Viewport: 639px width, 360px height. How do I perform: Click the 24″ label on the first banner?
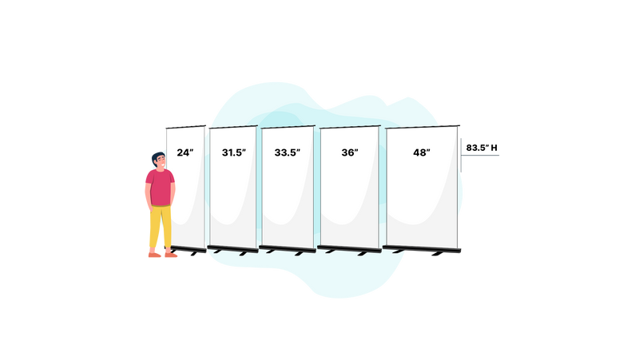point(185,152)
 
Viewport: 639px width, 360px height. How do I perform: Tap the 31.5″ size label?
point(233,152)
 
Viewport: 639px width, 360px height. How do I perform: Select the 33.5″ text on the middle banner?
point(287,152)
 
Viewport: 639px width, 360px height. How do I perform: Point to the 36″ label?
point(348,152)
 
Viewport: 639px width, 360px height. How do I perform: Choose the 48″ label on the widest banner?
point(422,152)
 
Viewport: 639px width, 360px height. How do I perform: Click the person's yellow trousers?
point(159,227)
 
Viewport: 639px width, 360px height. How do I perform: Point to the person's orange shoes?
point(162,255)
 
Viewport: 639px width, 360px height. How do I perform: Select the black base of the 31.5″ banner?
point(232,249)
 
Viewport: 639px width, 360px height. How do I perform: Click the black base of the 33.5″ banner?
point(287,249)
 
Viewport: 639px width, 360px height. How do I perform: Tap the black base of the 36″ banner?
point(349,249)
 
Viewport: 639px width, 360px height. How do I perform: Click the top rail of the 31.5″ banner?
point(232,126)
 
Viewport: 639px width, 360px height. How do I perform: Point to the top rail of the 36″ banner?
point(349,126)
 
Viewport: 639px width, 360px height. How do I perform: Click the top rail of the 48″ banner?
point(423,126)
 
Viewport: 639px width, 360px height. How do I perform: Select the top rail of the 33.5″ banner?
point(287,126)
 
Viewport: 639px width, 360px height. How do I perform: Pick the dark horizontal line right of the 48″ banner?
point(482,155)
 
